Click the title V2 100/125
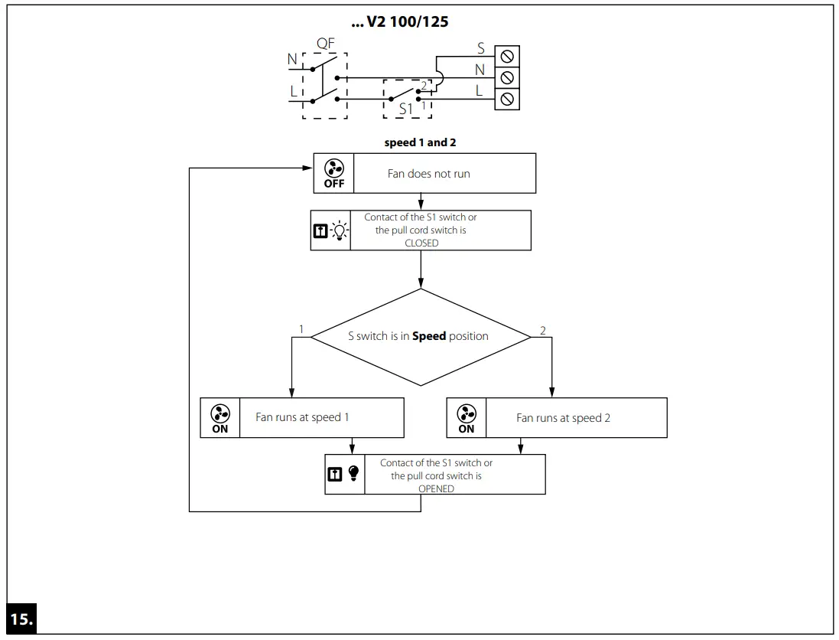pyautogui.click(x=399, y=22)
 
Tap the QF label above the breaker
pyautogui.click(x=326, y=44)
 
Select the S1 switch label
pyautogui.click(x=406, y=109)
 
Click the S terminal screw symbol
pyautogui.click(x=506, y=55)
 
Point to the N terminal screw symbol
pyautogui.click(x=506, y=77)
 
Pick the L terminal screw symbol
pyautogui.click(x=506, y=99)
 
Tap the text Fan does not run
pyautogui.click(x=428, y=174)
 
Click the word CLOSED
pyautogui.click(x=421, y=243)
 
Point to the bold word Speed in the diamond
pyautogui.click(x=429, y=336)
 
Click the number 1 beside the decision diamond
pyautogui.click(x=301, y=330)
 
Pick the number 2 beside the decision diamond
pyautogui.click(x=543, y=330)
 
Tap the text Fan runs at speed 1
pyautogui.click(x=302, y=418)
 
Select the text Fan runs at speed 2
pyautogui.click(x=563, y=418)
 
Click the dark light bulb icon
pyautogui.click(x=353, y=474)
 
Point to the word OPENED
pyautogui.click(x=436, y=488)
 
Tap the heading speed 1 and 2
pyautogui.click(x=420, y=143)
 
